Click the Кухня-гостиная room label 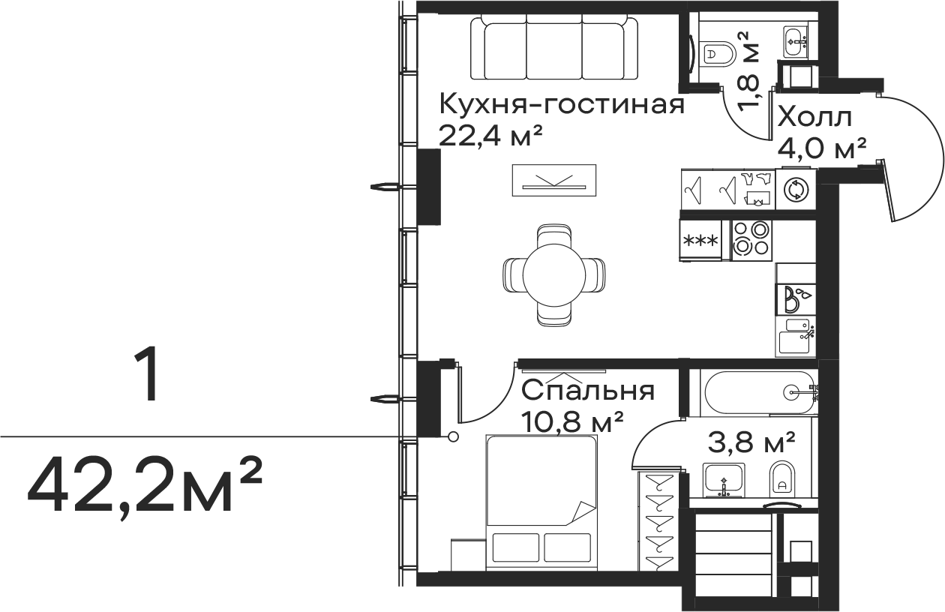(562, 104)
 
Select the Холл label (814, 118)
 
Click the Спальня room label (588, 391)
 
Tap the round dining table (555, 274)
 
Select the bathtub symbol (757, 391)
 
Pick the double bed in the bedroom (541, 501)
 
